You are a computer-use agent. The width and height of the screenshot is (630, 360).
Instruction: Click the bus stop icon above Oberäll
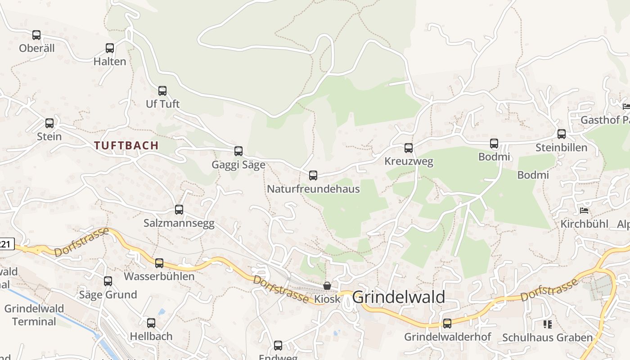point(36,35)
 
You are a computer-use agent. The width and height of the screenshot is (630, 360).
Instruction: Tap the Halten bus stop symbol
point(110,48)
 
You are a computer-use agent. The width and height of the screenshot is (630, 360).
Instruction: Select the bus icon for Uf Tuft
point(162,91)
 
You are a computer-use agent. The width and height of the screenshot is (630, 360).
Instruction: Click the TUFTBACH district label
point(126,145)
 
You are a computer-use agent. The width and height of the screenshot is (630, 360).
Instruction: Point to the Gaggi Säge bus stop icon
point(238,151)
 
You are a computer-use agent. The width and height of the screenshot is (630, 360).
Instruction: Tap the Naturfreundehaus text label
point(313,189)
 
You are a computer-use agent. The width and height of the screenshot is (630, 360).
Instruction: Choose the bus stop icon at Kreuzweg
point(409,148)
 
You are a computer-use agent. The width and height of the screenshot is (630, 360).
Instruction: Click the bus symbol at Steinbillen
point(562,134)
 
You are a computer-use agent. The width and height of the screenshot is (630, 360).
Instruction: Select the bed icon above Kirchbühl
point(584,211)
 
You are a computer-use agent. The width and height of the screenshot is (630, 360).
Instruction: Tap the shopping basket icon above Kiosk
point(327,286)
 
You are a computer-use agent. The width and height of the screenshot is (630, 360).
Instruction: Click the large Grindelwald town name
point(399,297)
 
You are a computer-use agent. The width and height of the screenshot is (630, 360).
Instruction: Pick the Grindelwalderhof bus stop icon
point(447,324)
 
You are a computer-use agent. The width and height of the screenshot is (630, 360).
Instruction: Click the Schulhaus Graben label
point(547,337)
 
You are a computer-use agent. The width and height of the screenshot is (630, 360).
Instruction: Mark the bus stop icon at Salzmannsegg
point(179,210)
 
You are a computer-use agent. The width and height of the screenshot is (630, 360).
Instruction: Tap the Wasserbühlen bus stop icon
point(159,263)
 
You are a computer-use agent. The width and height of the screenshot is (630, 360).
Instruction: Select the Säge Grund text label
point(108,295)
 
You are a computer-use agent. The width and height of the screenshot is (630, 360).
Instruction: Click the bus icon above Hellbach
point(151,323)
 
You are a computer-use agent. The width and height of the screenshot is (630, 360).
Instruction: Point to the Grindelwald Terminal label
point(34,315)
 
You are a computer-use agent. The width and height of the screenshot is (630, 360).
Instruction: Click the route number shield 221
point(5,244)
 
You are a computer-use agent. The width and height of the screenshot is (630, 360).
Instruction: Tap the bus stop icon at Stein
point(49,123)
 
